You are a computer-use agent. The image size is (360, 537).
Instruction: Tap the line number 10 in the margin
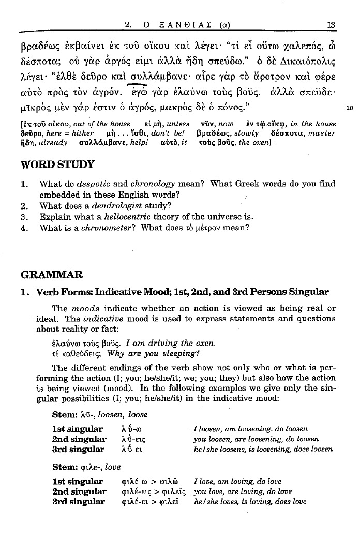350,109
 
